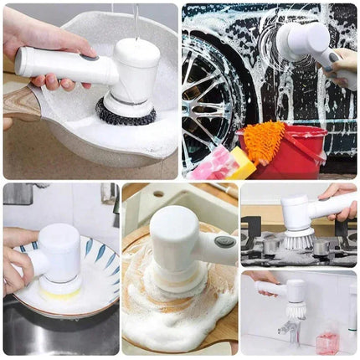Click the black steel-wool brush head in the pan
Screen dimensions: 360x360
[126, 111]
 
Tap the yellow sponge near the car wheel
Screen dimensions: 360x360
[240, 162]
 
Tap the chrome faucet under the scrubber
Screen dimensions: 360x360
[289, 330]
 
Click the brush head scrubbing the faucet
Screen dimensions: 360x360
[294, 311]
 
